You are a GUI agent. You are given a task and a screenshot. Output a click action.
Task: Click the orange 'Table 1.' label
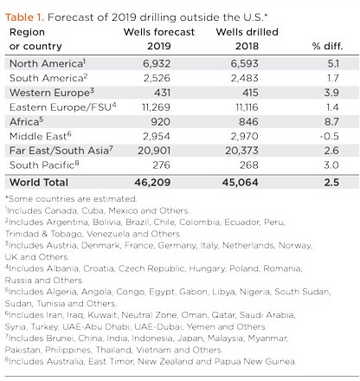click(x=24, y=17)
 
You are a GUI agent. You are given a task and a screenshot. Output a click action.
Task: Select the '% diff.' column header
click(x=328, y=46)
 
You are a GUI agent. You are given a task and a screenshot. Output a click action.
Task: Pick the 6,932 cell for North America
click(x=157, y=64)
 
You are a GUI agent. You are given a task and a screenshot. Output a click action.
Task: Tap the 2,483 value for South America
click(x=245, y=78)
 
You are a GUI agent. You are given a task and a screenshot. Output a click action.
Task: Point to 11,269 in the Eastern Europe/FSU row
click(x=156, y=107)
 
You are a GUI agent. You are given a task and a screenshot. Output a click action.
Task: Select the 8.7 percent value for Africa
click(x=331, y=122)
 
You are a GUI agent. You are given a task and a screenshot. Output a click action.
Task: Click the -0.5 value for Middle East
click(x=329, y=136)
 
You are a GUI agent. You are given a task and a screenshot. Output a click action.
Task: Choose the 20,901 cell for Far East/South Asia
click(x=154, y=151)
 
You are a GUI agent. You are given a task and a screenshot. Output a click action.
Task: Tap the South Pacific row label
click(x=44, y=165)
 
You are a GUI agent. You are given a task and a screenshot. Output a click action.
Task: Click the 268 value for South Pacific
click(x=249, y=165)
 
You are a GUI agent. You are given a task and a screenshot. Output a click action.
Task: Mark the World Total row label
click(x=39, y=183)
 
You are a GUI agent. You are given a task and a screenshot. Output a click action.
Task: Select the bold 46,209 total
click(x=152, y=183)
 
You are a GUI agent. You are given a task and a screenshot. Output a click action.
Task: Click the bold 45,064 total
click(x=241, y=183)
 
